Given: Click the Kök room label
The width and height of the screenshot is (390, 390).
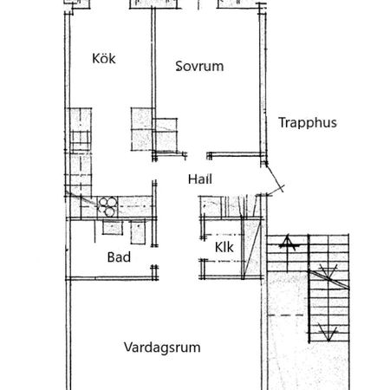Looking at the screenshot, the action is pos(104,59).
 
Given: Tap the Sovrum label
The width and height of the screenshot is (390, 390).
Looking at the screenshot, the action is pos(199,66).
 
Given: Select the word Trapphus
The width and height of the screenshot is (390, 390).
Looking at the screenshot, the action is pos(308,123).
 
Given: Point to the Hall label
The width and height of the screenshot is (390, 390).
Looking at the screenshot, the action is pos(200,179).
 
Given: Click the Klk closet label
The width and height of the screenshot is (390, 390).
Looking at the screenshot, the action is pos(224,247).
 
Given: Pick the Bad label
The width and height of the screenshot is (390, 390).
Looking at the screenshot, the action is pos(119,257).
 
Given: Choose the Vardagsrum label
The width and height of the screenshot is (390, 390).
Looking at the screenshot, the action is pos(162,348).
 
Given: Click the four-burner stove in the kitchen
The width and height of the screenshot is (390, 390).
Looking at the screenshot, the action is pos(107,206).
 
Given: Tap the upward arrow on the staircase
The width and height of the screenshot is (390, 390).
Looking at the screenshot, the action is pos(287,254).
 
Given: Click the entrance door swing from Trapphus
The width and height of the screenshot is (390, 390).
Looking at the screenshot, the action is pos(275,180).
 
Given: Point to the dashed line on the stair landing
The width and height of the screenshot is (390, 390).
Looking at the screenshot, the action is pos(285,315).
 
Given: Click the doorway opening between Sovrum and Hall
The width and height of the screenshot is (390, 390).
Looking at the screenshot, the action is pos(197,156).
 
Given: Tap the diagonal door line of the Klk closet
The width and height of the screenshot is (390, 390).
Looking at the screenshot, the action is pos(252,249).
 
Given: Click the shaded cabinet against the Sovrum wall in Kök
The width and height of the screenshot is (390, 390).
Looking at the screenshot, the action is pos(141,129).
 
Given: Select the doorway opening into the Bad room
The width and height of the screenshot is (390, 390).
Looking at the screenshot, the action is pos(154,256).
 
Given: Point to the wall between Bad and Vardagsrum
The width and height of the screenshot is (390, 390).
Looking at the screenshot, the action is pos(112,278).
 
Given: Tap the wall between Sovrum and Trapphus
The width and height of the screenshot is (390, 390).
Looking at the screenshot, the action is pos(263,84).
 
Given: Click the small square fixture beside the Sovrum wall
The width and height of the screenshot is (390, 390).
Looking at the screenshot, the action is pos(165,134).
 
